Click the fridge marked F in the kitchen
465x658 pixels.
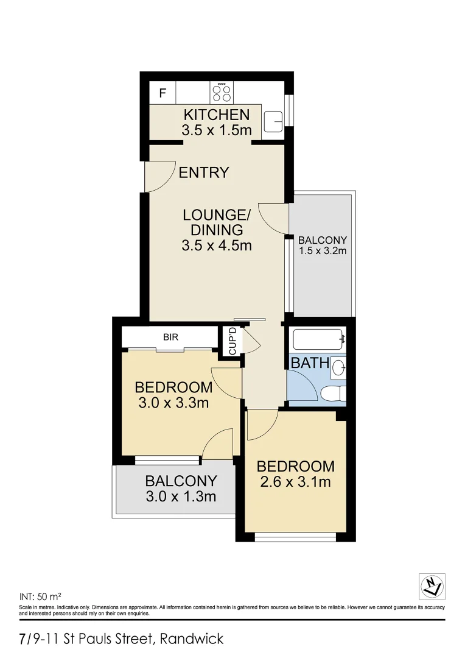pyautogui.click(x=163, y=94)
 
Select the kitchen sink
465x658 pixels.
pyautogui.click(x=273, y=121)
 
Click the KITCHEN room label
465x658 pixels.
pyautogui.click(x=217, y=115)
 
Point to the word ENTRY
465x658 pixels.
pyautogui.click(x=204, y=173)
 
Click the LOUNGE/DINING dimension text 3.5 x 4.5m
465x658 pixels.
pyautogui.click(x=217, y=246)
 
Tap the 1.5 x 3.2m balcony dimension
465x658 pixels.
pyautogui.click(x=323, y=250)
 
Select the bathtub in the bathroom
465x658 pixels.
pyautogui.click(x=316, y=339)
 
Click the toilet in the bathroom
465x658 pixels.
pyautogui.click(x=334, y=394)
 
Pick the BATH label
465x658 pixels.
pyautogui.click(x=310, y=364)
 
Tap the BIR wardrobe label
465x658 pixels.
pyautogui.click(x=170, y=336)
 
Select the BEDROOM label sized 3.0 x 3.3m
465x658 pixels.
pyautogui.click(x=173, y=387)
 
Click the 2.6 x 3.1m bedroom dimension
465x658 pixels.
pyautogui.click(x=295, y=483)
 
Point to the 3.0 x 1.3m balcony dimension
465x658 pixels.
pyautogui.click(x=181, y=497)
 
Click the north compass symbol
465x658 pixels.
pyautogui.click(x=432, y=586)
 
